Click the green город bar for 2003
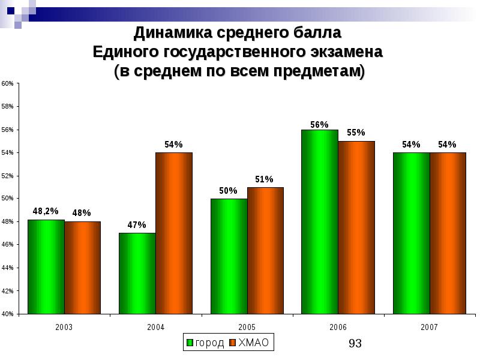(46, 267)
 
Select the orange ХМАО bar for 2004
(174, 233)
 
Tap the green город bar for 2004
(137, 274)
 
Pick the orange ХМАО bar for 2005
(265, 251)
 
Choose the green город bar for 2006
(320, 222)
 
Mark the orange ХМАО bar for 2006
(356, 227)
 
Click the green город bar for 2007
(411, 233)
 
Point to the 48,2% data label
(46, 211)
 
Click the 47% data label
(137, 225)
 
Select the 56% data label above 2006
(319, 125)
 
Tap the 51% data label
(265, 179)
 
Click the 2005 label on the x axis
(247, 327)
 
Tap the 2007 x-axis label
(429, 327)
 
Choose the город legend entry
(205, 343)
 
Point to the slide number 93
(355, 343)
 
